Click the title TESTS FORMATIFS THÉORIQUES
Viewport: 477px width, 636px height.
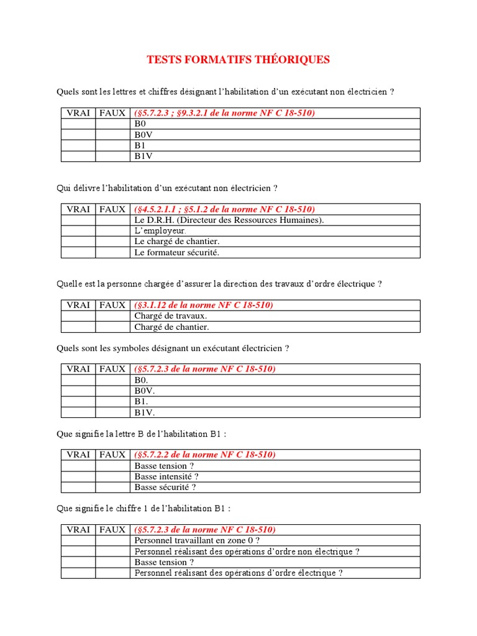click(x=238, y=60)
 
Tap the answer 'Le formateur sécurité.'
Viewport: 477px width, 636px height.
click(x=177, y=252)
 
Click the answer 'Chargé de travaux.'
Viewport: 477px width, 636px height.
click(x=171, y=316)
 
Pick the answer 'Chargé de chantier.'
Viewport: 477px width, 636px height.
click(x=172, y=327)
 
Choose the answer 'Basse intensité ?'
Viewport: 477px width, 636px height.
click(x=166, y=476)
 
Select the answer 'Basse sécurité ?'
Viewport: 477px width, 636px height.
click(x=165, y=487)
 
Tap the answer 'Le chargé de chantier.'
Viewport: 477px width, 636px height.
click(x=177, y=241)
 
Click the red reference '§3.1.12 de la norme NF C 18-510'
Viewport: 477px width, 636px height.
click(x=204, y=305)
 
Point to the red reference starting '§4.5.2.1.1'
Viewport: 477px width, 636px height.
click(x=224, y=209)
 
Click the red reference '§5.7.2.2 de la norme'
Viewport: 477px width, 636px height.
click(x=205, y=455)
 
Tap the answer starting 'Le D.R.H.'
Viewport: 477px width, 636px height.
click(x=229, y=220)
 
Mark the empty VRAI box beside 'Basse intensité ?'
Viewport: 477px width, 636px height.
click(x=78, y=476)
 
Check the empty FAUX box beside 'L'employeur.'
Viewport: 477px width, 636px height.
click(x=112, y=230)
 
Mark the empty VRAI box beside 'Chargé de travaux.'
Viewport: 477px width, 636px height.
click(x=78, y=316)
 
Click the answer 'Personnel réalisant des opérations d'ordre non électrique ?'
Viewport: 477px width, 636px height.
click(x=247, y=552)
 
